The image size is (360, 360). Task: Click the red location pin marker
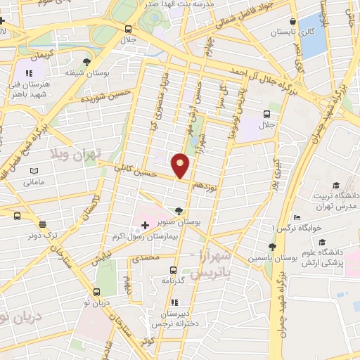pyautogui.click(x=181, y=166)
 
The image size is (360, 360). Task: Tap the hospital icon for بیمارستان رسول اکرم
pyautogui.click(x=146, y=225)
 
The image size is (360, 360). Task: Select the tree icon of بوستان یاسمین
pyautogui.click(x=271, y=246)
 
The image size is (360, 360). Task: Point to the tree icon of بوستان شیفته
pyautogui.click(x=86, y=62)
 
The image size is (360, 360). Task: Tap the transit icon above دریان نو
pyautogui.click(x=98, y=292)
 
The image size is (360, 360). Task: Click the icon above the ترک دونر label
pyautogui.click(x=42, y=225)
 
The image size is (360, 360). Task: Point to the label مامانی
pyautogui.click(x=34, y=182)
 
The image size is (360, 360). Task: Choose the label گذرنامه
pyautogui.click(x=173, y=281)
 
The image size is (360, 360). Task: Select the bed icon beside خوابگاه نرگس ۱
pyautogui.click(x=297, y=217)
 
